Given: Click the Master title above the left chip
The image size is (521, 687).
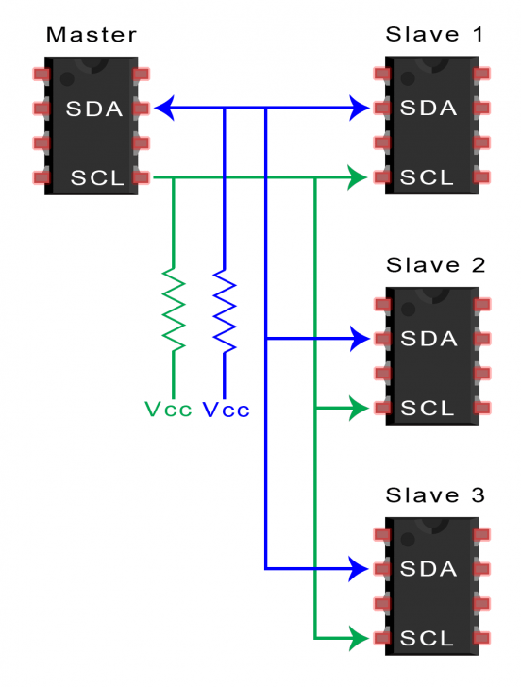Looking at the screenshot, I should click(92, 36).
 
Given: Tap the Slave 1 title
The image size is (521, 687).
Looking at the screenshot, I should click(434, 35).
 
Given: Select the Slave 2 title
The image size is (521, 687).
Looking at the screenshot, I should click(434, 265).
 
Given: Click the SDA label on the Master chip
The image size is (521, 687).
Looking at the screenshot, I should click(94, 109).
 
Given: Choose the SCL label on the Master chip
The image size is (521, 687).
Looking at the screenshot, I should click(97, 177).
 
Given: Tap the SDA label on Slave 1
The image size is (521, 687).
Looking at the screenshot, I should click(429, 109).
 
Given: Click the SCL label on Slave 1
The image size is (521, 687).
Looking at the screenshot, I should click(430, 177).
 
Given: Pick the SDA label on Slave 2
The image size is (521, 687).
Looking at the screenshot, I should click(429, 338).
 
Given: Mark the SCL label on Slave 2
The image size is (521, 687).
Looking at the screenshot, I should click(430, 409).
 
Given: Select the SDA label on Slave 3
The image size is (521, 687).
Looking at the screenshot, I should click(429, 569).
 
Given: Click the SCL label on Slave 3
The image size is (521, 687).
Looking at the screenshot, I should click(430, 639).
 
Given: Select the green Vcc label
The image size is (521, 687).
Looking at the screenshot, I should click(168, 411).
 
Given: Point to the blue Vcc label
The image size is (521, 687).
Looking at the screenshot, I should click(227, 411).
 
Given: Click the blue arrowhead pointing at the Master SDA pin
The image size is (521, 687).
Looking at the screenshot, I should click(164, 109).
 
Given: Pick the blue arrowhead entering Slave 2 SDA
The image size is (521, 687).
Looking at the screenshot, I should click(360, 338).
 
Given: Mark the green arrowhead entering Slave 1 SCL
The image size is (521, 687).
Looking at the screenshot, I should click(358, 176).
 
